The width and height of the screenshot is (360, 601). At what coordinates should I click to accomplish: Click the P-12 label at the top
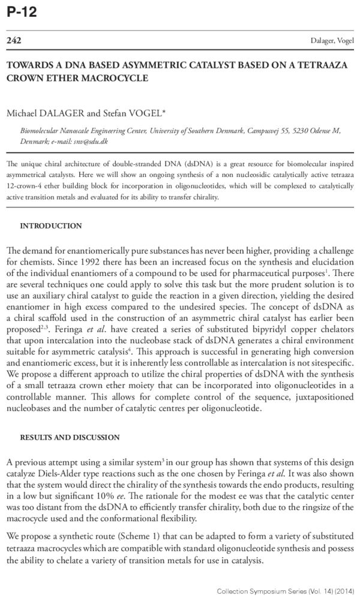coord(22,11)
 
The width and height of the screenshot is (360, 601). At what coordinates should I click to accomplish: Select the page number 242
coord(13,40)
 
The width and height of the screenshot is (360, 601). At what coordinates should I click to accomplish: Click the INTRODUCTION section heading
coord(51,226)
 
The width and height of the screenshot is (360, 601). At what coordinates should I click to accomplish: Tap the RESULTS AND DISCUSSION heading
coord(70,437)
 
